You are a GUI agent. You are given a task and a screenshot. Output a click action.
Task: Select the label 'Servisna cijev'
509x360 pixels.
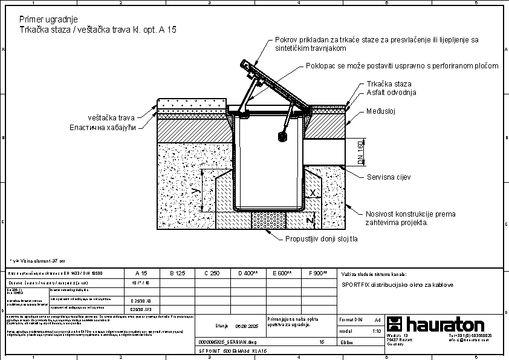pos(389,177)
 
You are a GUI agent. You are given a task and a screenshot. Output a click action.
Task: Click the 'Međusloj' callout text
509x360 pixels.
pos(380,112)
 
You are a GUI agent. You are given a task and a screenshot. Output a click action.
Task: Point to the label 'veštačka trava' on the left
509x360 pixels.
pos(112,117)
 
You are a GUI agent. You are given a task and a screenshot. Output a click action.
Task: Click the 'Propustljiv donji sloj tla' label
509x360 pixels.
pos(322,238)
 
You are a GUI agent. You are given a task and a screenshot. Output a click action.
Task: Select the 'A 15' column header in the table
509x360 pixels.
pos(141,273)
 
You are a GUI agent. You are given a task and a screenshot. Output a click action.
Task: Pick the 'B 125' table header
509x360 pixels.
pos(177,273)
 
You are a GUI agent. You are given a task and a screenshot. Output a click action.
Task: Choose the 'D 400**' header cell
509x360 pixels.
pos(247,273)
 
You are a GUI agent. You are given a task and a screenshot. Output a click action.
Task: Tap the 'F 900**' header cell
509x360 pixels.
pos(318,273)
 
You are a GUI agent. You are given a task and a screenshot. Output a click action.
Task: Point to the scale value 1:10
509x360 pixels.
pos(377,332)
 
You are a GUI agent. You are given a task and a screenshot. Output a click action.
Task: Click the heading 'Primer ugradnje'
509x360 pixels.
pos(48,19)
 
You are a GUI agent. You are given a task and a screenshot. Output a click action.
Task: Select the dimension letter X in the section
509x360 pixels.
pos(313,192)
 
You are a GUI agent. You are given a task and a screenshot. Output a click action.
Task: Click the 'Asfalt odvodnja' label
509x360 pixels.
pos(391,93)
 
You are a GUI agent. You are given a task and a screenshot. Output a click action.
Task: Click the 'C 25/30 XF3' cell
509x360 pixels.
pos(141,309)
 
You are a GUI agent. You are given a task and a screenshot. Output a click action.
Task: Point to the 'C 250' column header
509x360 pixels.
pos(212,273)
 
